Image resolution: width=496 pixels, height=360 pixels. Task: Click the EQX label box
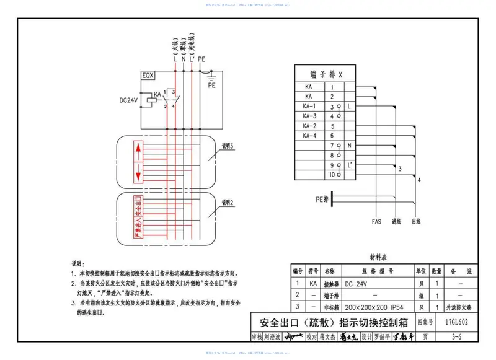coord(148,76)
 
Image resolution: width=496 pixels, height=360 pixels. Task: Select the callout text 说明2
coord(227,202)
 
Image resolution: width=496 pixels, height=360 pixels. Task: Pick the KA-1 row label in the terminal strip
coord(309,107)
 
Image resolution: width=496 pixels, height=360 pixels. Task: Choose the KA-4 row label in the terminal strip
coord(309,135)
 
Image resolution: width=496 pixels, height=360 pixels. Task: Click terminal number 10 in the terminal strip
coord(332,175)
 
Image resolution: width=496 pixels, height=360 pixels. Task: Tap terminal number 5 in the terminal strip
coord(332,126)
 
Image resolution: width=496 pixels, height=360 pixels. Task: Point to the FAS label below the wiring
coord(376,221)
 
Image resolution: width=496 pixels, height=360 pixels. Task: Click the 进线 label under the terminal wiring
coord(397,221)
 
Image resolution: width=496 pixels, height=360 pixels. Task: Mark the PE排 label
coord(322,200)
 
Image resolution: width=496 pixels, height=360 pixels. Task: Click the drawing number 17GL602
coord(456,322)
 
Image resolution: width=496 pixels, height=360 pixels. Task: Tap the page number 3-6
coord(457,336)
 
